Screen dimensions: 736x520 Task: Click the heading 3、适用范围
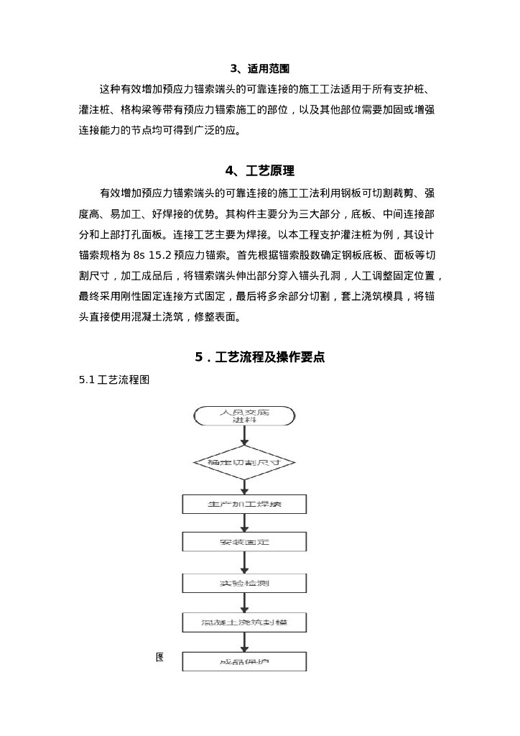[259, 69]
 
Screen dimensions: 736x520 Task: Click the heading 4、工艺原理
[259, 171]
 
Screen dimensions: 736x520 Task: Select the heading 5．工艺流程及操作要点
[259, 356]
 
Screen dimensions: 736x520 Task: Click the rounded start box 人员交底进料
[244, 415]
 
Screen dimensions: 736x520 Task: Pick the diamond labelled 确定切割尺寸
[244, 464]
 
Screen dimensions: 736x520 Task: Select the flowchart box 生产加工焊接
[244, 505]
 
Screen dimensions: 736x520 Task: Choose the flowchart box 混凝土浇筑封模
[244, 621]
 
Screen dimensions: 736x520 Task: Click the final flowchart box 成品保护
[244, 661]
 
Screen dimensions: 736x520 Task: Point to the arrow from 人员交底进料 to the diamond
[244, 436]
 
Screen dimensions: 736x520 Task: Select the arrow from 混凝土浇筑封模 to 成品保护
[244, 642]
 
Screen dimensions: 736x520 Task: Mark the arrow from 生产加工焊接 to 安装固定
[244, 523]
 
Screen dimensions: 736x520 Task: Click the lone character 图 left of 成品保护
[160, 657]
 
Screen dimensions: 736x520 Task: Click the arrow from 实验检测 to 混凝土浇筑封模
[244, 602]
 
